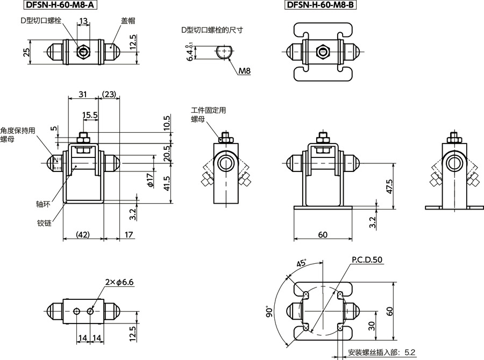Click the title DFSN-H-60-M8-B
(x=321, y=6)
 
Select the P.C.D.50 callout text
(x=367, y=260)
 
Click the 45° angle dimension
(x=301, y=264)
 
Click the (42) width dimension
(x=82, y=234)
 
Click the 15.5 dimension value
(x=90, y=115)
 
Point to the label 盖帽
(x=127, y=20)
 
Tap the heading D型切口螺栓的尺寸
(x=212, y=30)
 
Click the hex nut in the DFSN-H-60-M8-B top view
(x=323, y=52)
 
